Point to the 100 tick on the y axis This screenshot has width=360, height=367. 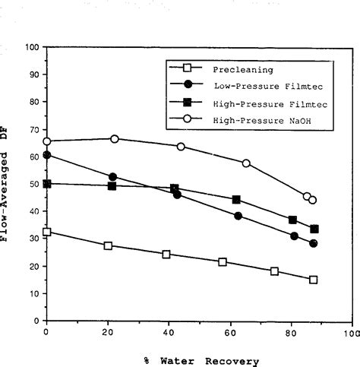pos(33,48)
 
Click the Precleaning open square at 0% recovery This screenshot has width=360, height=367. pos(46,232)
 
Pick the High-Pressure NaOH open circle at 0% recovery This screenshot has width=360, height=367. pos(46,141)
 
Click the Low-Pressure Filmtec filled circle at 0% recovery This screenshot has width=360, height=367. pos(46,155)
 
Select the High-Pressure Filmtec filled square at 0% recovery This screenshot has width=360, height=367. pos(46,183)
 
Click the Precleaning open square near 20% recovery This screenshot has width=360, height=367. pos(108,245)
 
